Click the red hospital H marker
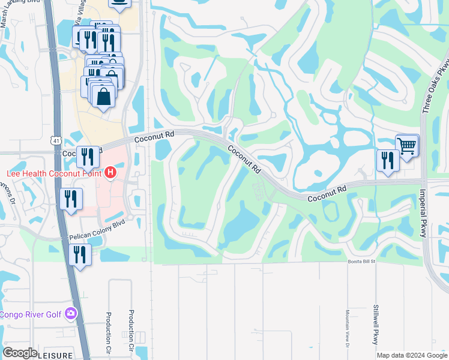coord(110,173)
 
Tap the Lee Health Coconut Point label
coord(52,174)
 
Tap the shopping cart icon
coord(407,145)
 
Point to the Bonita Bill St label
coord(361,262)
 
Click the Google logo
coord(20,352)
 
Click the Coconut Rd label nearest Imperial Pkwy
coord(327,193)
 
